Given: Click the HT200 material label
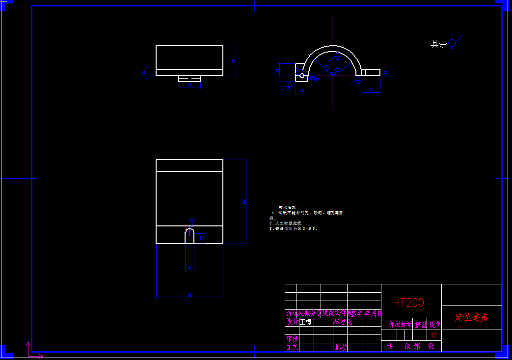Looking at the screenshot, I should pos(408,303).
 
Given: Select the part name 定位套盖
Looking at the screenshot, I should pos(471,317).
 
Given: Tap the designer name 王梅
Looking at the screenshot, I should pos(305,322).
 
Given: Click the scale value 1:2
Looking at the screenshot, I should pos(434,335).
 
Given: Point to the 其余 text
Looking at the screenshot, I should pos(438,44).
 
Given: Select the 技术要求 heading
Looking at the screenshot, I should pos(287,207).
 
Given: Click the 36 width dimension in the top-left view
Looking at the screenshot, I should pos(189,85).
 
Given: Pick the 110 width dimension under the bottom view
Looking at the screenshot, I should pos(189,295).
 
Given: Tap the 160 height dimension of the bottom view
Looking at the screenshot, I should pos(244,202).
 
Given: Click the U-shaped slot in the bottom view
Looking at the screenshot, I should pos(189,236).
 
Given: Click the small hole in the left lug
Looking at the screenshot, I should pos(302,75).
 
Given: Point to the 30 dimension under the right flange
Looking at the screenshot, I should pos(371,90).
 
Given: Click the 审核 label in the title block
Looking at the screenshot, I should pos(292,338).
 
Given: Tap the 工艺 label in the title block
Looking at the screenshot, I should pos(292,347).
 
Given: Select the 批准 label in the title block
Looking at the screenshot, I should pos(341,347).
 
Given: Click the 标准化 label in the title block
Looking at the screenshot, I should pos(343,322).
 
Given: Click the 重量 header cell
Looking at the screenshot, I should pos(421,324).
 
